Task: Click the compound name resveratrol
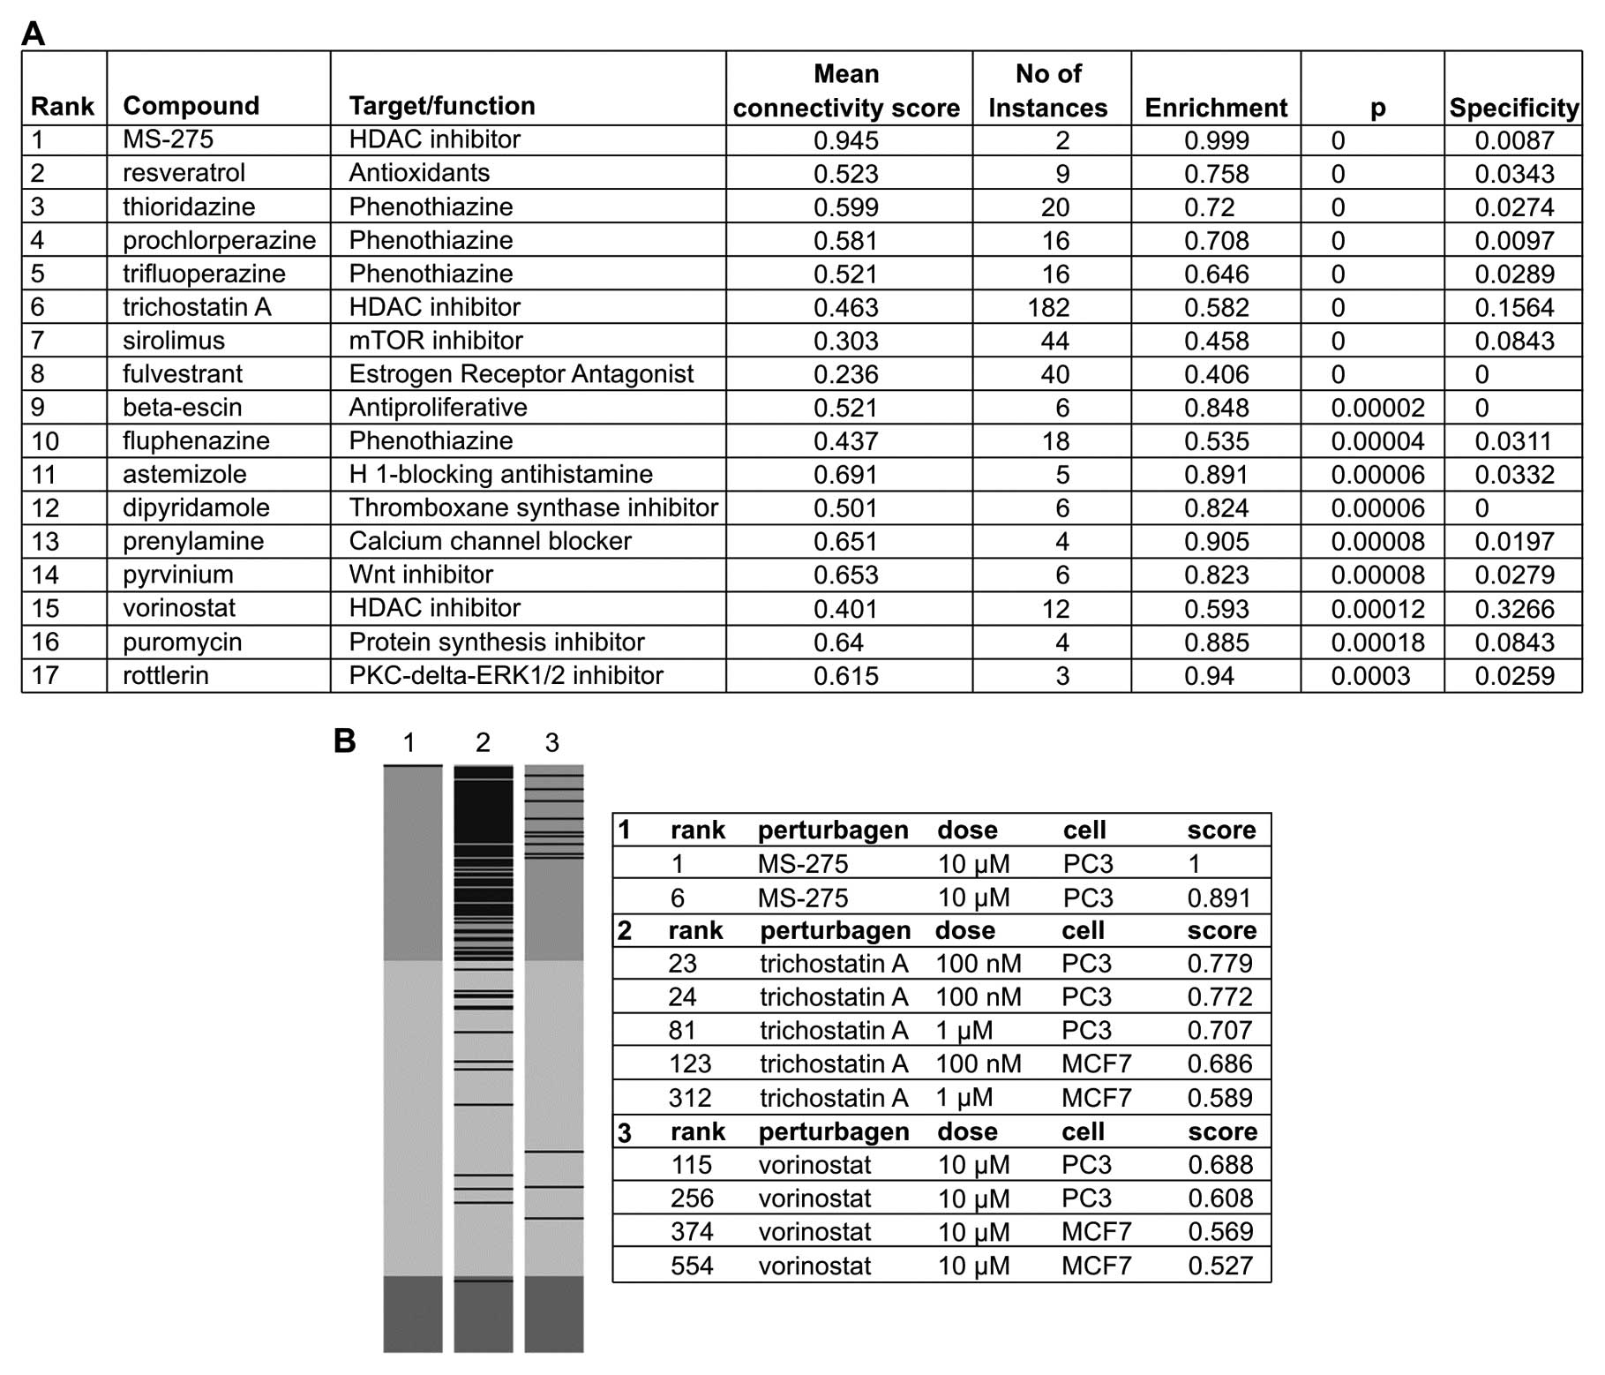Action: [x=184, y=173]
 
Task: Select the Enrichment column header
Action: [x=1215, y=108]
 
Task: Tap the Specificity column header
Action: [x=1513, y=108]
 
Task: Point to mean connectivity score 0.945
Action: [x=845, y=140]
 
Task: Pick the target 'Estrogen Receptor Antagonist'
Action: [x=521, y=374]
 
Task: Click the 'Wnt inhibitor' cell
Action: [x=421, y=575]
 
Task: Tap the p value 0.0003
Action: [x=1370, y=676]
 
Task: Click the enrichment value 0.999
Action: [x=1216, y=140]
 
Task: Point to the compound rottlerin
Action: [x=166, y=676]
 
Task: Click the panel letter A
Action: [x=33, y=34]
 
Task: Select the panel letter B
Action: [x=344, y=740]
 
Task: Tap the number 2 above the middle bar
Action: [x=483, y=743]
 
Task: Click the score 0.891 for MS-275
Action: [x=1219, y=898]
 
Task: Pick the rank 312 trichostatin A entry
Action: [x=689, y=1098]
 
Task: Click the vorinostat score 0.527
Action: [x=1220, y=1266]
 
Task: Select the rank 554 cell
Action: [x=691, y=1266]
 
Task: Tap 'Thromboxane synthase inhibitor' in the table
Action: [x=533, y=508]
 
